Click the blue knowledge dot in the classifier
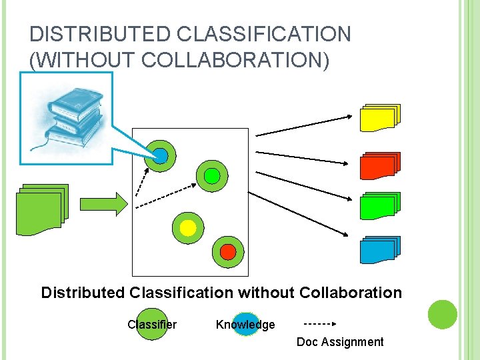(161, 156)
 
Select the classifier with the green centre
(211, 176)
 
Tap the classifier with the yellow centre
(188, 228)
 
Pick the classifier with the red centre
(228, 252)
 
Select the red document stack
(379, 166)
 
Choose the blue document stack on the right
(379, 249)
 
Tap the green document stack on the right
(379, 206)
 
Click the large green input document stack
(42, 209)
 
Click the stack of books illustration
(67, 118)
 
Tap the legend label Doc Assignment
(340, 342)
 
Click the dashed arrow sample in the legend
(321, 324)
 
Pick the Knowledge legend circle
(245, 325)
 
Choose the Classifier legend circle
(152, 324)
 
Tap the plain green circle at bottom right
(442, 315)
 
